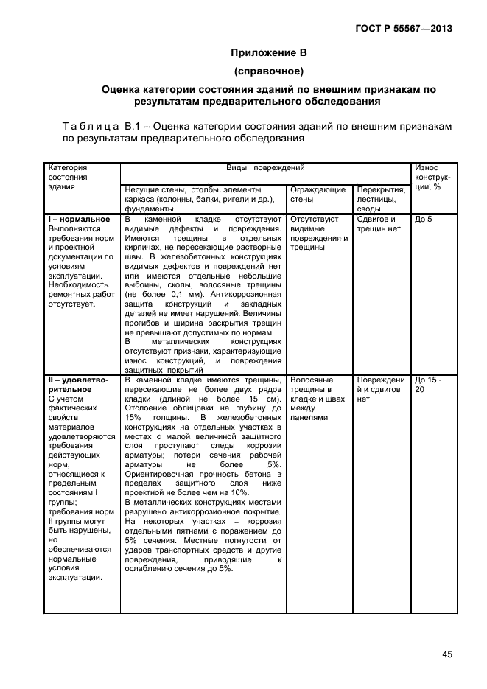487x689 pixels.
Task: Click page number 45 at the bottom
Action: coord(446,654)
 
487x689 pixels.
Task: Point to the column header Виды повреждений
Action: coord(266,169)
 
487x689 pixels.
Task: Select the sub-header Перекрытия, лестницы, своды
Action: coord(381,199)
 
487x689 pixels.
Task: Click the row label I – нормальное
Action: coord(79,220)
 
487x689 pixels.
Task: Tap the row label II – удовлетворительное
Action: coord(77,384)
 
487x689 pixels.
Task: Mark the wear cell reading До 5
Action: coord(424,220)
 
